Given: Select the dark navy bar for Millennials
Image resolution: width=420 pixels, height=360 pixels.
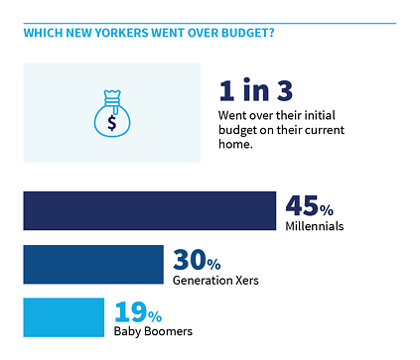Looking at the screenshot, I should [x=149, y=210].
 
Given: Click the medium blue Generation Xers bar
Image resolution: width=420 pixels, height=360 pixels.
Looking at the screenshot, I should [x=92, y=264].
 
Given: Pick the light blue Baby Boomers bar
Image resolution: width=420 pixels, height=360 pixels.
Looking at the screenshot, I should [x=63, y=316].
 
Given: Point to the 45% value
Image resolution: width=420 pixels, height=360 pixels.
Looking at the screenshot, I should [x=309, y=205].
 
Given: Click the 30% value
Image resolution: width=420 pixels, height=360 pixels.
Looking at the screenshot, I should [x=197, y=260].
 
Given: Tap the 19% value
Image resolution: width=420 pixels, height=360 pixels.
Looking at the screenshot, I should [x=136, y=312].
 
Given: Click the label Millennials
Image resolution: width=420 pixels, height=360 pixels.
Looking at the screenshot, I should [x=314, y=226].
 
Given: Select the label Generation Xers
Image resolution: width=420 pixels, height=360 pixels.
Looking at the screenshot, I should [x=215, y=280].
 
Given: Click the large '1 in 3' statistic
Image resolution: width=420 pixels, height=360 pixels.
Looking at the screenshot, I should [x=255, y=91].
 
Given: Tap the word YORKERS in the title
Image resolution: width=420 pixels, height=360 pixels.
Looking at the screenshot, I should [x=126, y=32].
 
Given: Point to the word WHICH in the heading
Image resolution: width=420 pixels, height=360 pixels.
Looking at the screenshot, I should [x=43, y=32].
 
